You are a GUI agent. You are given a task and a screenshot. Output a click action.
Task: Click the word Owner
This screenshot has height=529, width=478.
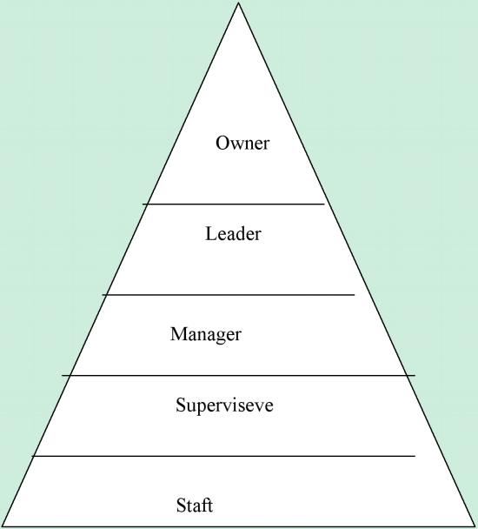242,143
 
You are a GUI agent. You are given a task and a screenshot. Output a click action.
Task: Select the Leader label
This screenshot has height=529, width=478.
233,234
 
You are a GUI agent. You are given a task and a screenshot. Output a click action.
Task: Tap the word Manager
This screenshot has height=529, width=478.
206,335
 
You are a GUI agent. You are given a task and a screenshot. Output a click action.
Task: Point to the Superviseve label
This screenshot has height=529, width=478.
224,405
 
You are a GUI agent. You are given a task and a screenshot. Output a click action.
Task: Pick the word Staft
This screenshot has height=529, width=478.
195,505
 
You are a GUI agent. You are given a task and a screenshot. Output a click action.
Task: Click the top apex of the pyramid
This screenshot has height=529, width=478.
239,3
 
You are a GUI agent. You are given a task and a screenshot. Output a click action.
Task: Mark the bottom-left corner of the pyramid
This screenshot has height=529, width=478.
2,526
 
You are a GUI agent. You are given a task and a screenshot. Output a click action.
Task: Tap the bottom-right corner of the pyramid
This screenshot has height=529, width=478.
475,526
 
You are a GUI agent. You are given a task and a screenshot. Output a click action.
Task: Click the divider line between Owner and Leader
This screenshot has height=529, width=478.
233,204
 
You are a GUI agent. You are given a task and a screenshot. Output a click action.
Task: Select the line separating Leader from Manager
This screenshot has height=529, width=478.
229,295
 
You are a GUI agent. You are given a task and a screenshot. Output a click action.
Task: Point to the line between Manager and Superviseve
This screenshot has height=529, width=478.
239,375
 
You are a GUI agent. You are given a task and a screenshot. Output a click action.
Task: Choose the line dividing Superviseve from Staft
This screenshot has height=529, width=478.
223,456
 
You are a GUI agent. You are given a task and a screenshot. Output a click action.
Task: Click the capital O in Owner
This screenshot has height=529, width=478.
222,143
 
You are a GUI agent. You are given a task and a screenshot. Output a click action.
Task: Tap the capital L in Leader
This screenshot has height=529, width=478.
211,234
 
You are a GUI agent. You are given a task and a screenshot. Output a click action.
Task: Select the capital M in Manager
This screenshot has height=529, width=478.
179,334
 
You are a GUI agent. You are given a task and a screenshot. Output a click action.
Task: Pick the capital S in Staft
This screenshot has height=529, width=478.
181,505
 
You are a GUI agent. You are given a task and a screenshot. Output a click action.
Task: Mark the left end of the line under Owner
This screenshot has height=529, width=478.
143,204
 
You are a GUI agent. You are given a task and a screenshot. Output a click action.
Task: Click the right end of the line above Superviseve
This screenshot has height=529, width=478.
415,375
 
